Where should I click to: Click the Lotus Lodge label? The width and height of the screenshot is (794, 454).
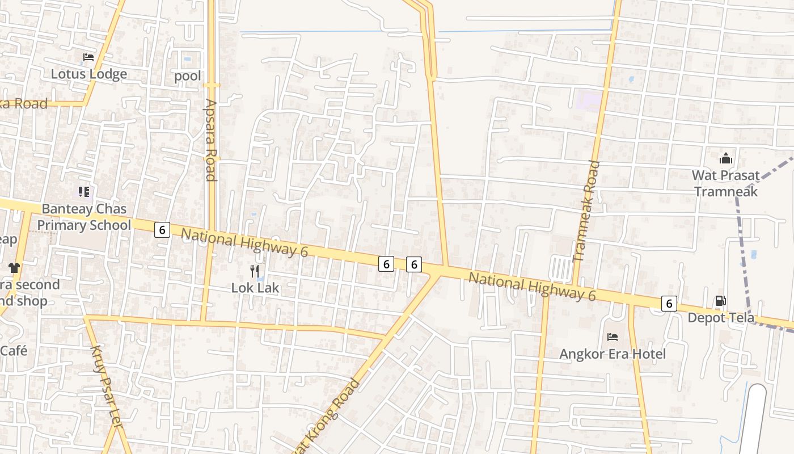pyautogui.click(x=89, y=74)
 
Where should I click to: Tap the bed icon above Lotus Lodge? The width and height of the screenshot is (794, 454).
pyautogui.click(x=88, y=57)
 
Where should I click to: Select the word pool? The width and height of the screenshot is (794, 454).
pyautogui.click(x=188, y=75)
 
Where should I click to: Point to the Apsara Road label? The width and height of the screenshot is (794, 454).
pyautogui.click(x=211, y=140)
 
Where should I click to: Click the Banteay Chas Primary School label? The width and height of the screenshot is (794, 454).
pyautogui.click(x=84, y=217)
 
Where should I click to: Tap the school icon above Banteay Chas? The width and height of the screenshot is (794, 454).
pyautogui.click(x=84, y=192)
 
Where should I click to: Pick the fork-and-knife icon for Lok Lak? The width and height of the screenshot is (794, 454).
pyautogui.click(x=255, y=271)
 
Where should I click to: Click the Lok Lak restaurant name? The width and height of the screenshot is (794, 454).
pyautogui.click(x=255, y=288)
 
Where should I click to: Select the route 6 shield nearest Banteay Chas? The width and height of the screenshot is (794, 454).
pyautogui.click(x=162, y=230)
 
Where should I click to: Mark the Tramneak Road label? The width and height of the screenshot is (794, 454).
pyautogui.click(x=586, y=211)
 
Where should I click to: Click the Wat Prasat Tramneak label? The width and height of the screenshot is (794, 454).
pyautogui.click(x=726, y=183)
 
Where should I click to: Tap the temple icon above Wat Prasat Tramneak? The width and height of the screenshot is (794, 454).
pyautogui.click(x=726, y=159)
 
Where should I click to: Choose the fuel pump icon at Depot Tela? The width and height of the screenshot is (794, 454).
pyautogui.click(x=720, y=301)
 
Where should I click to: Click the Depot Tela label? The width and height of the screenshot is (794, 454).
pyautogui.click(x=721, y=318)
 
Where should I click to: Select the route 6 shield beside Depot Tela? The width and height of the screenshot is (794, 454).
pyautogui.click(x=669, y=304)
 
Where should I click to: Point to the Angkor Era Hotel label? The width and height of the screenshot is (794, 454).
pyautogui.click(x=613, y=354)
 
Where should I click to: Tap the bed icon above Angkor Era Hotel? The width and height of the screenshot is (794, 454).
pyautogui.click(x=613, y=337)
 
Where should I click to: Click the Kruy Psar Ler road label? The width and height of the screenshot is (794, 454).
pyautogui.click(x=107, y=380)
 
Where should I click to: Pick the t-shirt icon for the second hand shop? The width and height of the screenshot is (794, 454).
pyautogui.click(x=14, y=268)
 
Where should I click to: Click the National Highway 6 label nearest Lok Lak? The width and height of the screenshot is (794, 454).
pyautogui.click(x=244, y=242)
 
